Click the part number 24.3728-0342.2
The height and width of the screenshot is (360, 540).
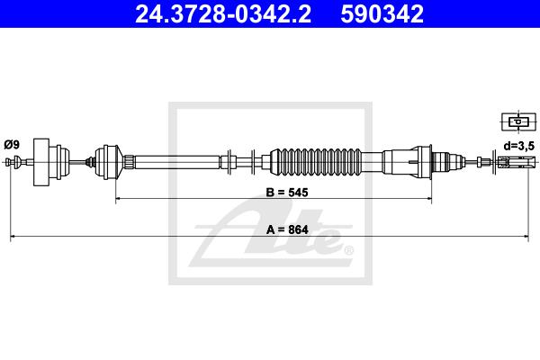(x=223, y=14)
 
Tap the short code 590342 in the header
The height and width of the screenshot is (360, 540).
(x=382, y=14)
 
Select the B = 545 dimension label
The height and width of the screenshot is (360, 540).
(x=287, y=193)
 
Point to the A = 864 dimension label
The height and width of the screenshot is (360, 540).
(x=287, y=229)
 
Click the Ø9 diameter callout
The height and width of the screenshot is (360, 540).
(x=12, y=145)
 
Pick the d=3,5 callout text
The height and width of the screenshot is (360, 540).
(x=519, y=146)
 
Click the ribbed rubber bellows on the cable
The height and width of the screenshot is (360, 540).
(x=316, y=161)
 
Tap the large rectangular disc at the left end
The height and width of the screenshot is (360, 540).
(x=41, y=162)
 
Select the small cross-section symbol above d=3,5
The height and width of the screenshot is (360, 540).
(x=518, y=121)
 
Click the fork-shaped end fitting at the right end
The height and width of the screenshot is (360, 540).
(x=517, y=161)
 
